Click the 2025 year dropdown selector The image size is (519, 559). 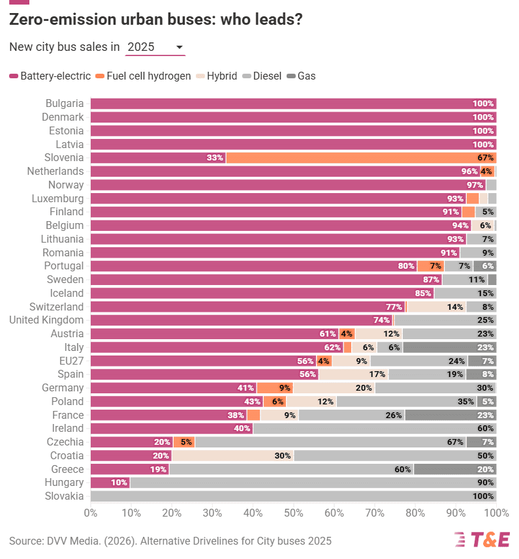(155, 47)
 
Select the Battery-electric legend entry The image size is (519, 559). (50, 76)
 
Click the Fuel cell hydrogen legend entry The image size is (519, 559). (142, 76)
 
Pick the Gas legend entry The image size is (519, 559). (301, 76)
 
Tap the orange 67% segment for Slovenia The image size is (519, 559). (361, 157)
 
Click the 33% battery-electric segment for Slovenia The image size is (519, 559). (158, 157)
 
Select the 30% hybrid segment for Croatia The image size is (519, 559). (232, 456)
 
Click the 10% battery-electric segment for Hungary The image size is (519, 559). (110, 483)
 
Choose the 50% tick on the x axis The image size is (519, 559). (293, 513)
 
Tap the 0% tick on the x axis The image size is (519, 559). (91, 513)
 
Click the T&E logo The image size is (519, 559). (482, 539)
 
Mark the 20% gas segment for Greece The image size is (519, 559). (455, 469)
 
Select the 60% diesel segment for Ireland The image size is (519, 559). (375, 429)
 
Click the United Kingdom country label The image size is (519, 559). (46, 320)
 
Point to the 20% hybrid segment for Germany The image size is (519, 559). (334, 388)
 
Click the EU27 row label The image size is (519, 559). (71, 361)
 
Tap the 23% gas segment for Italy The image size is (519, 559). (449, 348)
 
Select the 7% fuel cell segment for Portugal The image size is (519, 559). (430, 266)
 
